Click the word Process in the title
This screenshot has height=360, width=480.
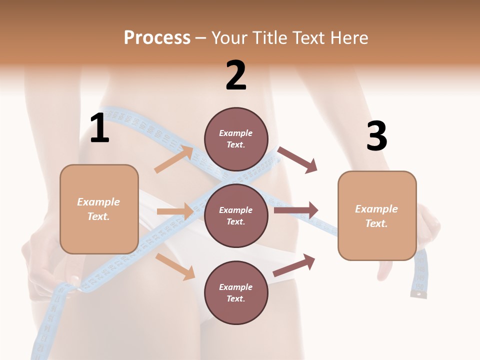(157, 37)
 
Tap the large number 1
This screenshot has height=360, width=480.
(99, 128)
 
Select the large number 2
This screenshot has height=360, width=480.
(236, 75)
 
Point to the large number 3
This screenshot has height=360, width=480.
(376, 136)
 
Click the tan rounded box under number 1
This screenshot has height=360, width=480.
(99, 209)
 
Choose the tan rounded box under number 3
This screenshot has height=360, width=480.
(377, 216)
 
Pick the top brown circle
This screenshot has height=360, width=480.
(236, 139)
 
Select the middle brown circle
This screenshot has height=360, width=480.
(236, 216)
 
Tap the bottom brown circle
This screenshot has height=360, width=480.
(236, 293)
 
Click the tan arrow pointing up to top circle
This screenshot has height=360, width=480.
(174, 159)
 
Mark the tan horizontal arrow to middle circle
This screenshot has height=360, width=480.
(175, 211)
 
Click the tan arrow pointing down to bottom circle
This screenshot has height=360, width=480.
(175, 266)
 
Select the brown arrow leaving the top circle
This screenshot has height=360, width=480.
(298, 159)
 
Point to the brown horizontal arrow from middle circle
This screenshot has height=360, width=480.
(296, 210)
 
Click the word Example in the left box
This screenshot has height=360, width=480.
(98, 202)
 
